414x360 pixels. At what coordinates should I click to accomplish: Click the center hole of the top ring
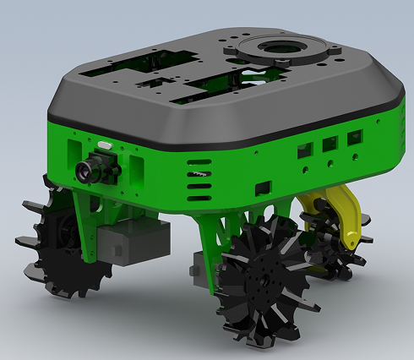pyautogui.click(x=281, y=46)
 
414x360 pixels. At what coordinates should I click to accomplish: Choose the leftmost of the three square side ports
pyautogui.click(x=302, y=151)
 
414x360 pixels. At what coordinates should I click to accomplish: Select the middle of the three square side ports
pyautogui.click(x=330, y=145)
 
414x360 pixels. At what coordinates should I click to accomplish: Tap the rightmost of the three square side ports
pyautogui.click(x=355, y=138)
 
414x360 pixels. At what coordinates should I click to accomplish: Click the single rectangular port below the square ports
pyautogui.click(x=264, y=185)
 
